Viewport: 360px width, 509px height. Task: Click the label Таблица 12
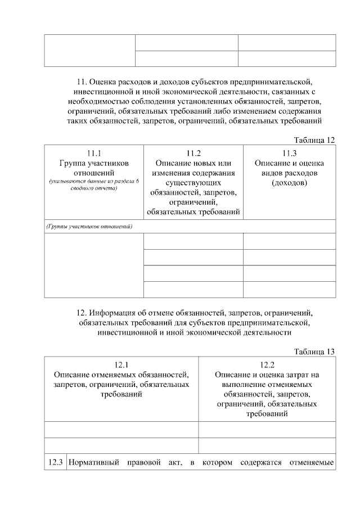coord(314,139)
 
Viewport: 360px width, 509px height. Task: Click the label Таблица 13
coord(314,352)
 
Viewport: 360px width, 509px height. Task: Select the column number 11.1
coord(94,152)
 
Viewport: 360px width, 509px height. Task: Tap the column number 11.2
coord(193,152)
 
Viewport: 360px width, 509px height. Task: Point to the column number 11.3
coord(289,152)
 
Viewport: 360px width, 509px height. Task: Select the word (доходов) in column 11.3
coord(289,183)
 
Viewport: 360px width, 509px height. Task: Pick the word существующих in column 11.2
coord(193,183)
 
